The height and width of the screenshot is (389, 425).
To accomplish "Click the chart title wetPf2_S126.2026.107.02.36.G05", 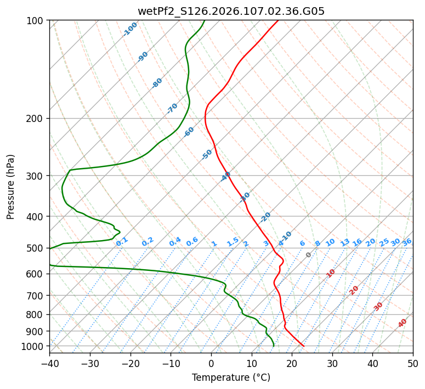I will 231,11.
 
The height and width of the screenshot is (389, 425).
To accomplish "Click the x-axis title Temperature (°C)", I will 231,377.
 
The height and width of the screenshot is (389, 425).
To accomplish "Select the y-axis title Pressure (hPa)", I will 11,187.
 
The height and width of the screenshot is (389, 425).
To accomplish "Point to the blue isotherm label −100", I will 130,29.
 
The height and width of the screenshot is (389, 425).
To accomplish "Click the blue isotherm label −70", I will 172,108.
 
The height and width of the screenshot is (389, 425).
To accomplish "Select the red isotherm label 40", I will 403,323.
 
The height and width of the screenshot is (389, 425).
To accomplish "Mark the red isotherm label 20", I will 354,290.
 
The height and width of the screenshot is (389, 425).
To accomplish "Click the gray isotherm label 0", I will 309,255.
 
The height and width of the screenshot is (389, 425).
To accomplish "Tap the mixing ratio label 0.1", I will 122,241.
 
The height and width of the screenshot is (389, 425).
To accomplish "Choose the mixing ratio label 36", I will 407,242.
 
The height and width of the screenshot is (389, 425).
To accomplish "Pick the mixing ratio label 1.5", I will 233,241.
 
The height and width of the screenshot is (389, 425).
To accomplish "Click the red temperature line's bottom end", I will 303,346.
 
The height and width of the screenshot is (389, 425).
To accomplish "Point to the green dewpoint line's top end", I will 204,21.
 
